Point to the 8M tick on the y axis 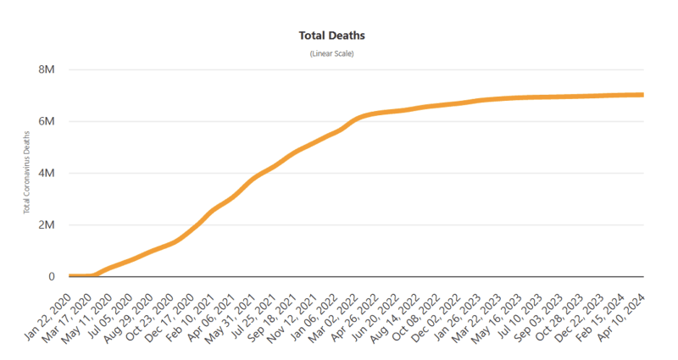(x=47, y=69)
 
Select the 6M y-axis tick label (x=47, y=121)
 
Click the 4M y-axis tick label (x=47, y=173)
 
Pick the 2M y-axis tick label (x=47, y=225)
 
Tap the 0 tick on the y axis (x=51, y=276)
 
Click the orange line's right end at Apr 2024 (x=642, y=95)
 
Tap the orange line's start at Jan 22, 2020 (x=70, y=276)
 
